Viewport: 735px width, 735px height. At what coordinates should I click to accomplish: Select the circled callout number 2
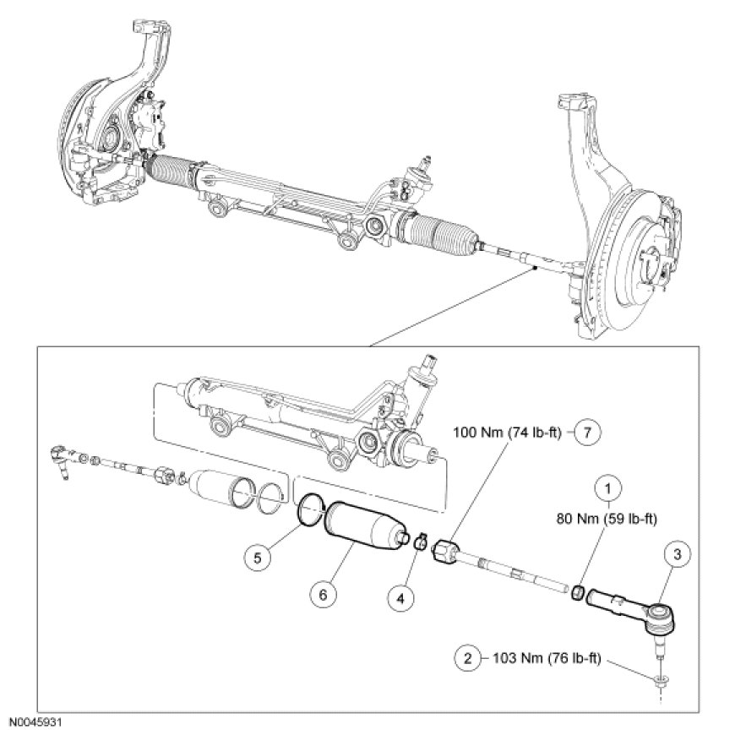pyautogui.click(x=468, y=656)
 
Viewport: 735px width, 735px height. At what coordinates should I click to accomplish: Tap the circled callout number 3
pyautogui.click(x=680, y=554)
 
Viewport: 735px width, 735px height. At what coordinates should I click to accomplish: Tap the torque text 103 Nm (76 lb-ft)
pyautogui.click(x=542, y=656)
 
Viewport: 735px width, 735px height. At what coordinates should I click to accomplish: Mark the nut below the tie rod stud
pyautogui.click(x=660, y=678)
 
